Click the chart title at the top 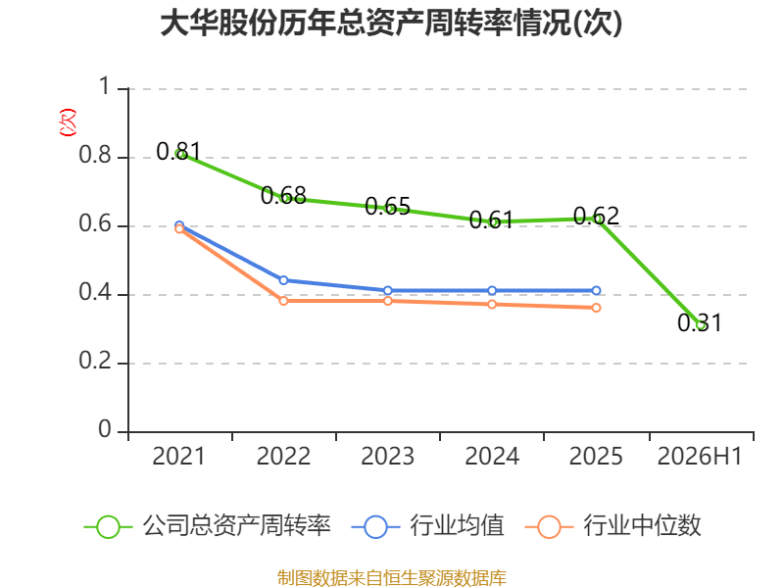391,23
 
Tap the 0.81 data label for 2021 178,151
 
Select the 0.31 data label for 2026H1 700,322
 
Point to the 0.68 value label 283,195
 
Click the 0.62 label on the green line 596,216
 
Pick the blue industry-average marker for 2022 283,280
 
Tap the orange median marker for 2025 596,308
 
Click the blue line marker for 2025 596,290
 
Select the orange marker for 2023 387,301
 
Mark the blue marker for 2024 492,290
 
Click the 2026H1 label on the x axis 700,456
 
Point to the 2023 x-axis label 387,456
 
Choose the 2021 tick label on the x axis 178,456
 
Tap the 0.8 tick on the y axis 95,155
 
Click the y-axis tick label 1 105,86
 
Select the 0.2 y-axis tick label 95,361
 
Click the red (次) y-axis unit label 68,122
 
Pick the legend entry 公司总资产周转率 208,526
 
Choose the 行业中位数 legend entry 613,526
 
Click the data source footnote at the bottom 392,578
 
